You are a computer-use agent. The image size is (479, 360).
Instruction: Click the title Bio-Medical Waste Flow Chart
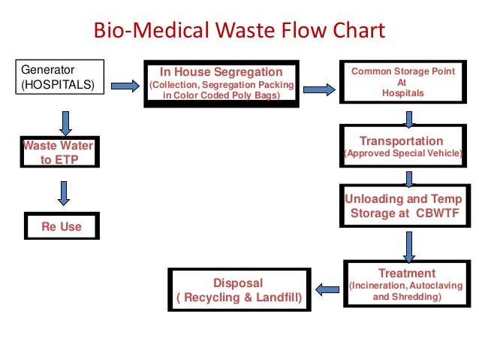click(x=238, y=32)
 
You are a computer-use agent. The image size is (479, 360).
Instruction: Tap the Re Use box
click(x=62, y=226)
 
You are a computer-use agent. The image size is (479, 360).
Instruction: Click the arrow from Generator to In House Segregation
click(x=125, y=86)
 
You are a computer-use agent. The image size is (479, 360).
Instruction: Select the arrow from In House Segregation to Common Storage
click(x=319, y=89)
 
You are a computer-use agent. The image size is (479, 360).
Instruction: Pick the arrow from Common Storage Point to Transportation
click(x=409, y=118)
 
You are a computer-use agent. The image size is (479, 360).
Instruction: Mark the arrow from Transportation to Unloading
click(x=409, y=179)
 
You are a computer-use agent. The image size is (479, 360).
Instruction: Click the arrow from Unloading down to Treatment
click(x=409, y=244)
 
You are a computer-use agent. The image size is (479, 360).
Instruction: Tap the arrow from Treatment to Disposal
click(x=327, y=288)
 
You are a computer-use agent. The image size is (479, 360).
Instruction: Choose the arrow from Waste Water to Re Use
click(x=63, y=193)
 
